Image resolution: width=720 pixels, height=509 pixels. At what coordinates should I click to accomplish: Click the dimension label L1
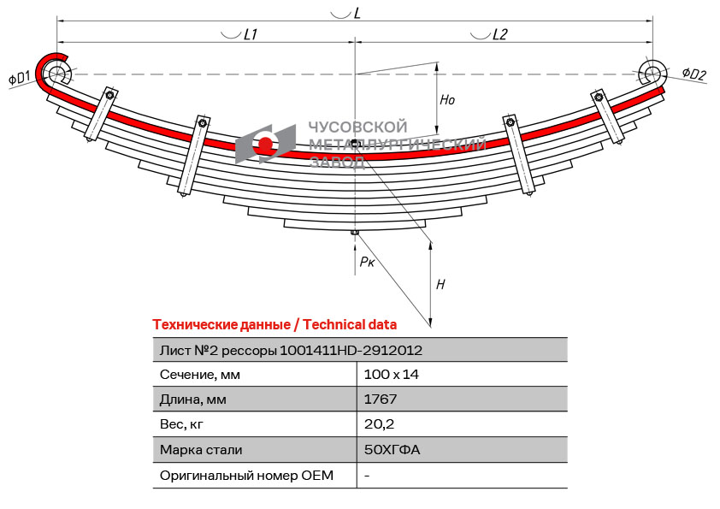click(x=251, y=35)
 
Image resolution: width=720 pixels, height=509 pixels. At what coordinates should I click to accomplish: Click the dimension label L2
click(x=500, y=35)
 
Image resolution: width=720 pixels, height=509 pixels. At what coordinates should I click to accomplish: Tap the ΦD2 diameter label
click(x=693, y=74)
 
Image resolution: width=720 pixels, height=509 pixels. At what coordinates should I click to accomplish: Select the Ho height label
click(x=447, y=100)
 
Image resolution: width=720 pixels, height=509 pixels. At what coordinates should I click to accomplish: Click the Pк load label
click(x=367, y=262)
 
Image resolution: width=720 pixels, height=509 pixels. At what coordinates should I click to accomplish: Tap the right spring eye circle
click(x=652, y=72)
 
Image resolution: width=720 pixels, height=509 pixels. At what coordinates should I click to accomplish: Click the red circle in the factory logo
click(x=266, y=144)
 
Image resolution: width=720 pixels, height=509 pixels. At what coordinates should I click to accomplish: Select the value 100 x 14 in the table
click(x=391, y=374)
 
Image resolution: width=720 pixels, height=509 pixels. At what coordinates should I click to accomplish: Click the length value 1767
click(x=380, y=399)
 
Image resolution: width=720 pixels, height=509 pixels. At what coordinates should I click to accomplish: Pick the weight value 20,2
click(x=378, y=423)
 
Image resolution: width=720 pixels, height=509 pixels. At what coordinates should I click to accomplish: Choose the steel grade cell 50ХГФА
click(x=392, y=449)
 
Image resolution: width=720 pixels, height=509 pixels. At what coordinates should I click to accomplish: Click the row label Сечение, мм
click(x=200, y=374)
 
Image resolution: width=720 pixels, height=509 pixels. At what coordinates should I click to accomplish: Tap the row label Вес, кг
click(x=182, y=423)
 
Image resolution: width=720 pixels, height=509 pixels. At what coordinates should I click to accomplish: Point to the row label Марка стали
click(x=201, y=449)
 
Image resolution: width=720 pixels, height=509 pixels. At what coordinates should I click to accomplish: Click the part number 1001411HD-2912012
click(x=351, y=350)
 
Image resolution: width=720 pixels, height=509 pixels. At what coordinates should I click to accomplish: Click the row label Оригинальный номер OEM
click(x=246, y=475)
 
